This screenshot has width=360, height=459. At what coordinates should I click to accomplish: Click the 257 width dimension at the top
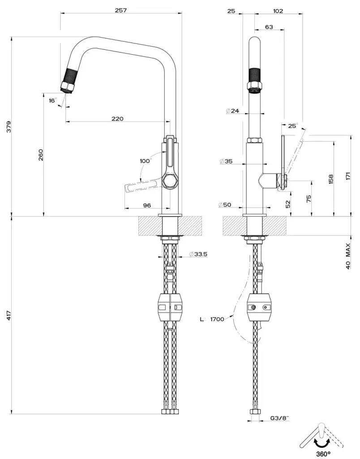(x=121, y=10)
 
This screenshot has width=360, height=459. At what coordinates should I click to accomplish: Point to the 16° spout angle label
(x=53, y=100)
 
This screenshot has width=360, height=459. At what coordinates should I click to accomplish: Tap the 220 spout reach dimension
(x=117, y=119)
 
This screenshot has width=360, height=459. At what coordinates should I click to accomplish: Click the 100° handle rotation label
(x=146, y=160)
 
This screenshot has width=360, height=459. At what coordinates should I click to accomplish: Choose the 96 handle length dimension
(x=146, y=205)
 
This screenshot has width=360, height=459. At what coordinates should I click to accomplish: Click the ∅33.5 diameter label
(x=197, y=254)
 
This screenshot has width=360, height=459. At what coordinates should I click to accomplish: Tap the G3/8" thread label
(x=280, y=418)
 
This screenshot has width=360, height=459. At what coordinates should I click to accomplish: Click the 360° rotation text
(x=322, y=452)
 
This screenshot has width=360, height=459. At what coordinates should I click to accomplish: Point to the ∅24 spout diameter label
(x=233, y=110)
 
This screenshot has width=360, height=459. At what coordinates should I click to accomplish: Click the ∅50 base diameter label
(x=225, y=204)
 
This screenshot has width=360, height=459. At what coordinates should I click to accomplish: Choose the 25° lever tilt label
(x=292, y=126)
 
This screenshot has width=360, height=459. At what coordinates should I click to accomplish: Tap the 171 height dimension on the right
(x=348, y=177)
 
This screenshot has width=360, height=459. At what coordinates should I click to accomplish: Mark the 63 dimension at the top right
(x=269, y=27)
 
